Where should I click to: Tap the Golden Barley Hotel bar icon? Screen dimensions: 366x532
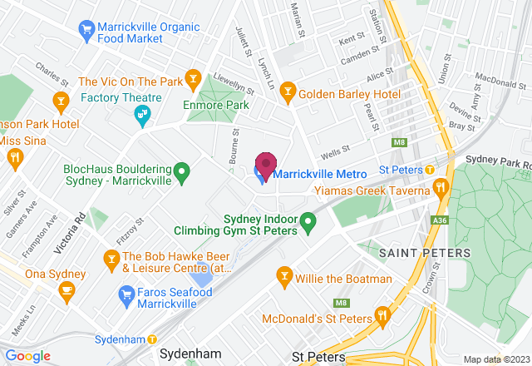tap(288, 88)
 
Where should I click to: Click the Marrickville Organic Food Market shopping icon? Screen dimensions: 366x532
tap(86, 31)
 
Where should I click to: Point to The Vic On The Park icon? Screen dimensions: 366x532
tap(193, 81)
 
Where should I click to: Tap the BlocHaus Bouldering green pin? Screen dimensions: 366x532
tap(186, 173)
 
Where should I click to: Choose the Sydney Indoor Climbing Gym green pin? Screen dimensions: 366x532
tap(308, 223)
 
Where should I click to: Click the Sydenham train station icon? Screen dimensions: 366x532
tap(153, 339)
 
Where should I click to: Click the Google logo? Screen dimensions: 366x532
tap(28, 356)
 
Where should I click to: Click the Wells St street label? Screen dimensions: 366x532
tap(332, 152)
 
